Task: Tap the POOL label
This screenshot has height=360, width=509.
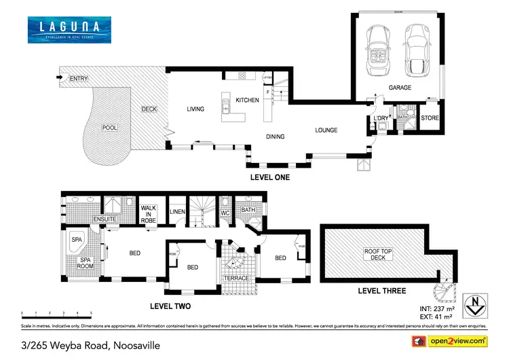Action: tap(109, 128)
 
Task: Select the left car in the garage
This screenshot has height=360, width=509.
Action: tap(375, 52)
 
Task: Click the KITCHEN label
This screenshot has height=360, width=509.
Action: tap(247, 101)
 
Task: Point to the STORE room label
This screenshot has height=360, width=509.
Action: tap(430, 118)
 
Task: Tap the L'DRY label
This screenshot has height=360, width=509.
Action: tap(381, 119)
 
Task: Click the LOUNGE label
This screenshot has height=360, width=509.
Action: tap(326, 130)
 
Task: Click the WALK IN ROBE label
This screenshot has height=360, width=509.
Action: tap(149, 214)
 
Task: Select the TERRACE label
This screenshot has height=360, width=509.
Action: tap(237, 278)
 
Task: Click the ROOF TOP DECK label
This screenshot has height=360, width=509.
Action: tap(377, 255)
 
